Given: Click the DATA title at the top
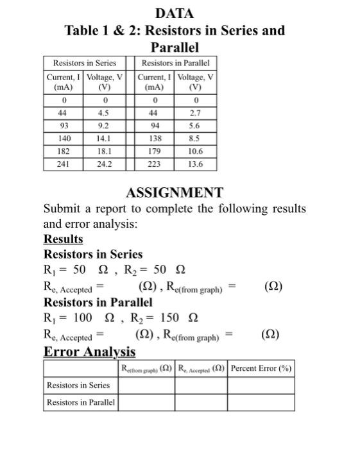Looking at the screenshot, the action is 174,13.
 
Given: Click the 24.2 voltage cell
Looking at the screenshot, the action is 104,163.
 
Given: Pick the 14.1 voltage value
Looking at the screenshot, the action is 104,139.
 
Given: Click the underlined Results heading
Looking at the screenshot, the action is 63,239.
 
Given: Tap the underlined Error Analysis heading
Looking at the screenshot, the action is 89,352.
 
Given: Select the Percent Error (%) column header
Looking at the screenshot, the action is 261,368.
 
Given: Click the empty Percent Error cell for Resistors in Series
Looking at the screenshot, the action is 261,385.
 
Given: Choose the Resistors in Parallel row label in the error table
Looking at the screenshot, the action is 80,402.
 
